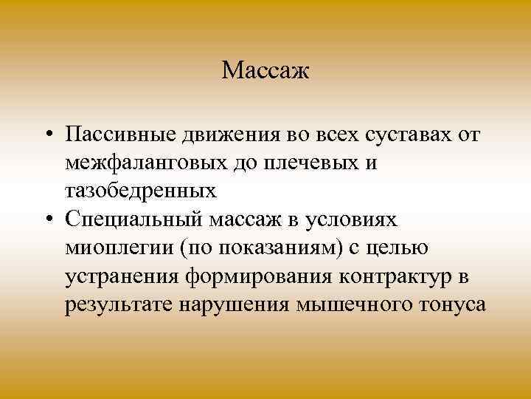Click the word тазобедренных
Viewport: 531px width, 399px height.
[x=140, y=191]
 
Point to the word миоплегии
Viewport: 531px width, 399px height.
[x=117, y=248]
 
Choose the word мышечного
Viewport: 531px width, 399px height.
[x=324, y=304]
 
